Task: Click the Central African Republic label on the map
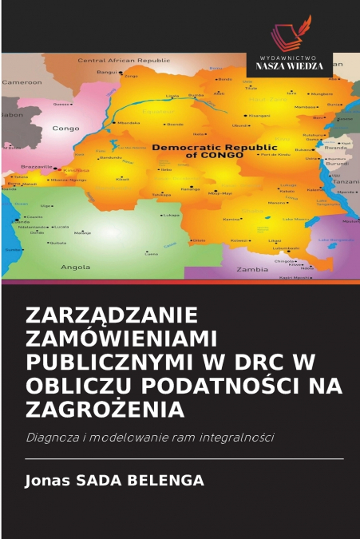[x=123, y=60]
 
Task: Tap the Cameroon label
[x=22, y=82]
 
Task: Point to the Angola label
[x=75, y=266]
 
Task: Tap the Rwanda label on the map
[x=336, y=147]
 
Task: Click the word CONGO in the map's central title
[x=214, y=156]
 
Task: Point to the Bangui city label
[x=106, y=72]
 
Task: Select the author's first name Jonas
[x=47, y=481]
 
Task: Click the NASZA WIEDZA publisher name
[x=289, y=65]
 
